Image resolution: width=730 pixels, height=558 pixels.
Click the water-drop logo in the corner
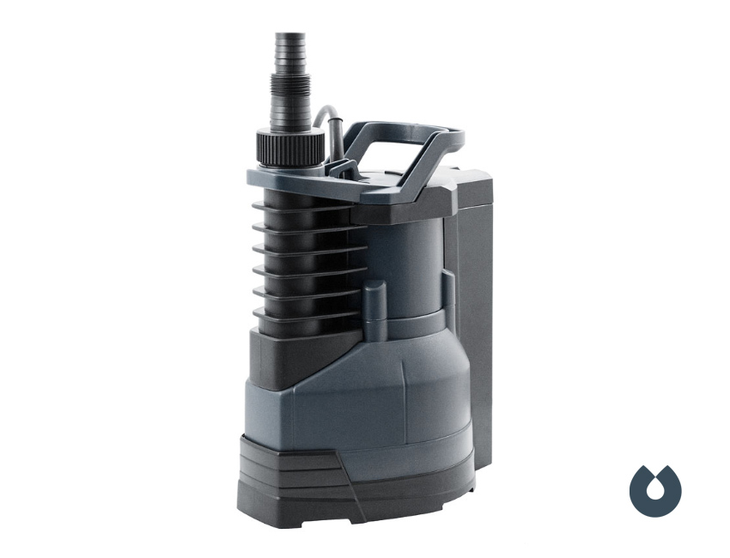point(655,491)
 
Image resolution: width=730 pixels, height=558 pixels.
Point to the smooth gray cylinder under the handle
point(412,258)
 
